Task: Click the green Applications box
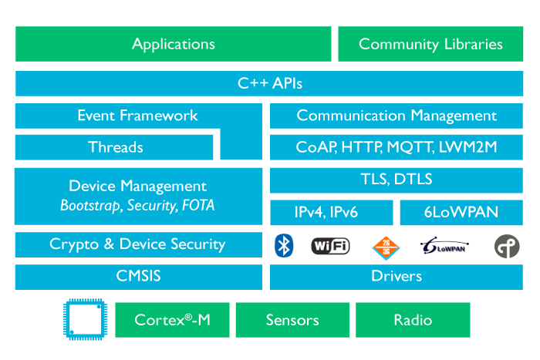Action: tap(173, 44)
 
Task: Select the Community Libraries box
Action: tap(430, 44)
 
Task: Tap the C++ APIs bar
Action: tap(269, 84)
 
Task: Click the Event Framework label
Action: tap(137, 116)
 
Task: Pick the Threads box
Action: tap(115, 146)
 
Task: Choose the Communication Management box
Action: tap(397, 116)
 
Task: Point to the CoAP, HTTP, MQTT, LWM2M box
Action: tap(397, 146)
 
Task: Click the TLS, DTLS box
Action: tap(397, 180)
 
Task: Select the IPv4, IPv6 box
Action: tap(332, 212)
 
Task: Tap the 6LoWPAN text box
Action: tap(462, 212)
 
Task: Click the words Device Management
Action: tap(137, 186)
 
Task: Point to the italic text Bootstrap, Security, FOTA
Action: tap(137, 206)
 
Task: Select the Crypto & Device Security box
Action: tap(137, 244)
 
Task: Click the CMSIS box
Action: tap(137, 275)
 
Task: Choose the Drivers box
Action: tap(397, 276)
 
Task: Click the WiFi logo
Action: tap(330, 246)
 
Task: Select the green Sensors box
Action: tap(292, 320)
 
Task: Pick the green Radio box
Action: tap(413, 320)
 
